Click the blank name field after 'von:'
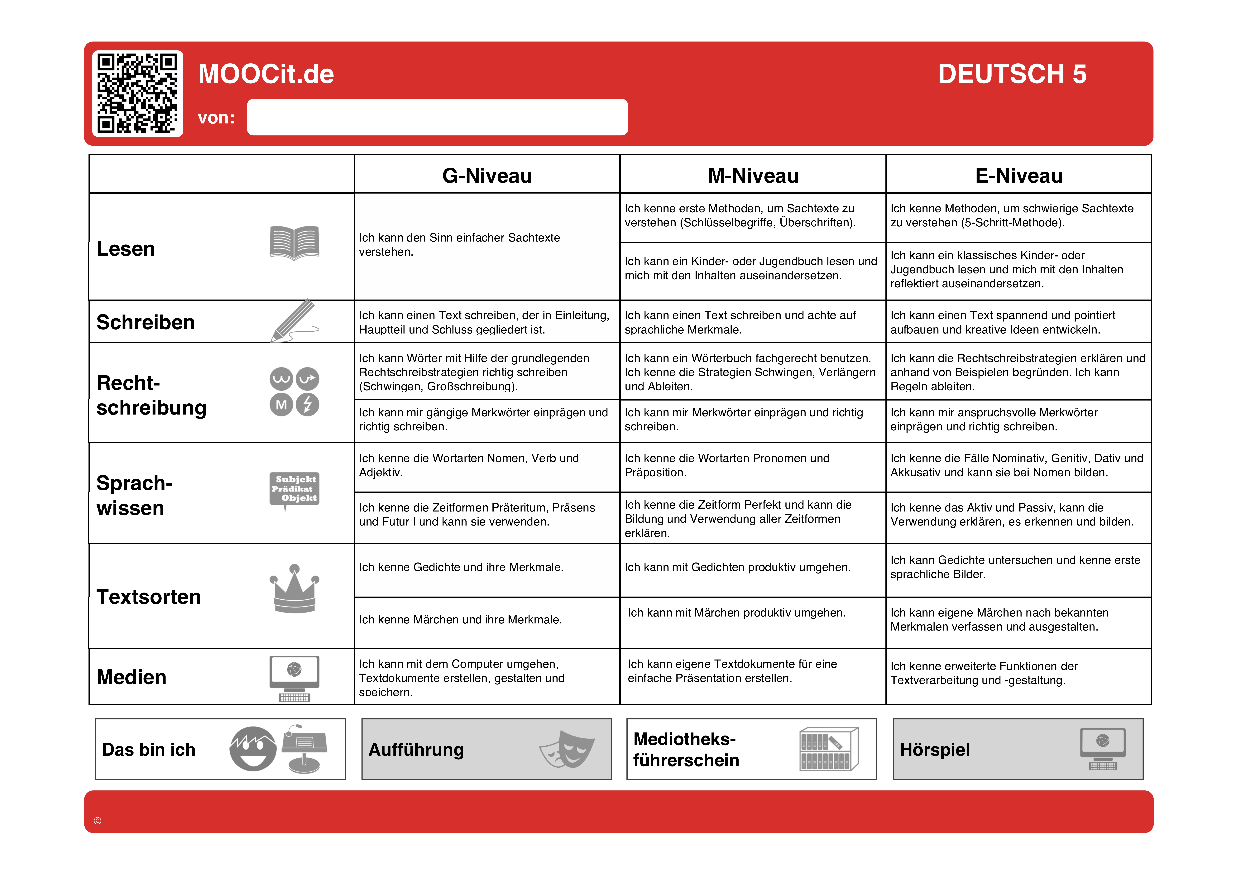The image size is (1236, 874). coord(437,117)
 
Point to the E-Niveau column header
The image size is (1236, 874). coord(1018,175)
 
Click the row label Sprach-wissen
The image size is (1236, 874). coord(135,495)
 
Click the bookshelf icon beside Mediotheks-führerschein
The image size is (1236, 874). coord(828,749)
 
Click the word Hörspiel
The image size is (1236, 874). coord(935,750)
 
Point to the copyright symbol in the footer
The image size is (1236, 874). coord(97,821)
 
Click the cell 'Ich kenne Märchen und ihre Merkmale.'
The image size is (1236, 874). coord(460,620)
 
